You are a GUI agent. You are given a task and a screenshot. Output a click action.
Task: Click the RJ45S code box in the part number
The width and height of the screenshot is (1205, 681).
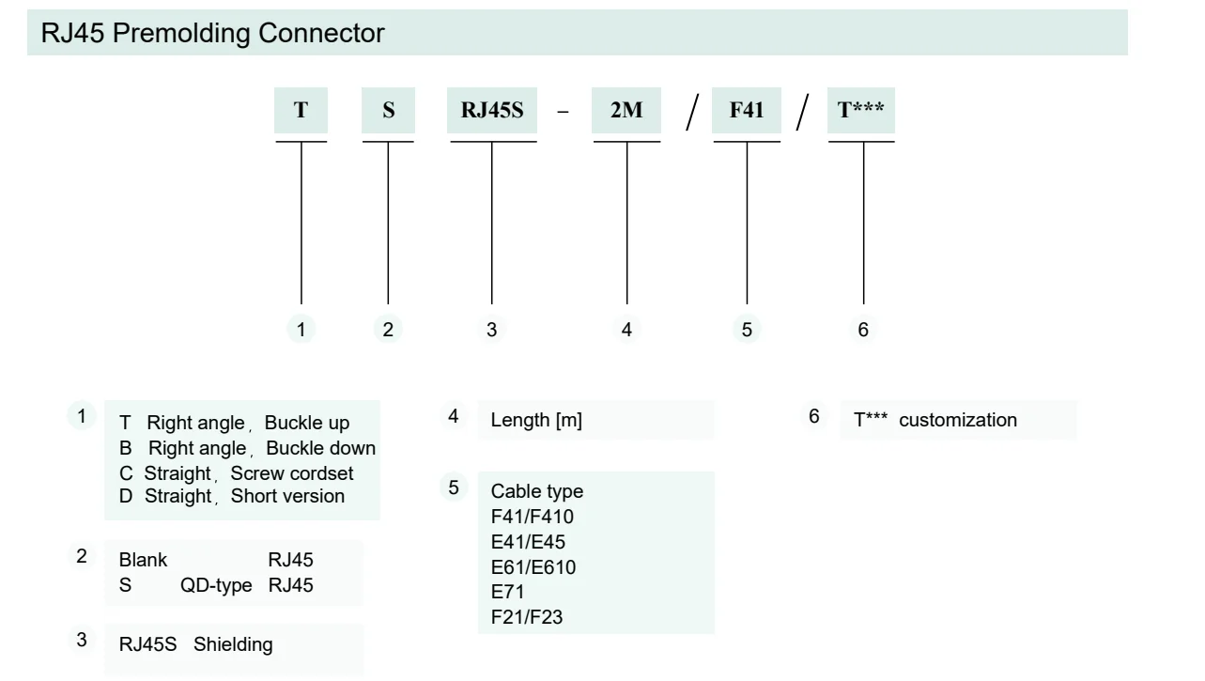coord(491,110)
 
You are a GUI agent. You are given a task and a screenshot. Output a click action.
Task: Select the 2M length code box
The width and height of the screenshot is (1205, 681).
coord(626,110)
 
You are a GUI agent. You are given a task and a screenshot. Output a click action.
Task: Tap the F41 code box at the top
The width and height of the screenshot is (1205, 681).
coord(747,110)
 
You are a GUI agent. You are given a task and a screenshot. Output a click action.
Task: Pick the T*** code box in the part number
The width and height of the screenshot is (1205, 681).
coord(862,110)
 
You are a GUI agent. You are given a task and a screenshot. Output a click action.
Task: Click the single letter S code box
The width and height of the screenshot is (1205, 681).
coord(388,110)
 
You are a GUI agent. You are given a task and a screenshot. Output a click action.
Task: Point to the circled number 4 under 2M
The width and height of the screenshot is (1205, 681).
coord(626,330)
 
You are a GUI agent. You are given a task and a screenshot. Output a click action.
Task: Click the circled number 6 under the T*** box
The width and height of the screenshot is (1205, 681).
coord(863,330)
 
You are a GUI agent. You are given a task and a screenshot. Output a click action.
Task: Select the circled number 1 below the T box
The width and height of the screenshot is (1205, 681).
coord(301,330)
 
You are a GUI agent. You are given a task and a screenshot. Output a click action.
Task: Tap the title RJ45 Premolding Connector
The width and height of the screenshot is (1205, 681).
coord(212,33)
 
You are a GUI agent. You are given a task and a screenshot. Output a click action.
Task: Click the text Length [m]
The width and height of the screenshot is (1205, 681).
coord(536,421)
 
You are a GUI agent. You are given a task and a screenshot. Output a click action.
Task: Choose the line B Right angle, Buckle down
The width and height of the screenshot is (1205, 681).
coord(247,447)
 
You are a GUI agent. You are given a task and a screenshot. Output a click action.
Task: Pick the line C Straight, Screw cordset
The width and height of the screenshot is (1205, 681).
coord(238,472)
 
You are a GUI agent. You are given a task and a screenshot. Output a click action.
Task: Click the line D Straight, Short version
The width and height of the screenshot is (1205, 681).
coord(231,495)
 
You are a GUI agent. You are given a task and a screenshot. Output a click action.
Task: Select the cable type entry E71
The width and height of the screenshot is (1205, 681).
coord(508,591)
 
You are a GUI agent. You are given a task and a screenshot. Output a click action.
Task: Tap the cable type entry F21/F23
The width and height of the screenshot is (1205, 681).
coord(528,615)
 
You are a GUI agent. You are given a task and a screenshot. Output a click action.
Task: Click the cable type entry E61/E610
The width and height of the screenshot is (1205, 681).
coord(533,566)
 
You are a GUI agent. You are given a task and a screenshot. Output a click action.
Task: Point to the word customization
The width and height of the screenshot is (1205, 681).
coord(958,420)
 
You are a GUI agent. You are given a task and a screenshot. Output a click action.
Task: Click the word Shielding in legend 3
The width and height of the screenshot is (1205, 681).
coord(234,644)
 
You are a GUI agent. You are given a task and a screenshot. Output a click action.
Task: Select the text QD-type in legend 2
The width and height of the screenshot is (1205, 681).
coord(217,584)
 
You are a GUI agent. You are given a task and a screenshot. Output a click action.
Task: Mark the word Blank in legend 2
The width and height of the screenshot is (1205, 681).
coord(143,560)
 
